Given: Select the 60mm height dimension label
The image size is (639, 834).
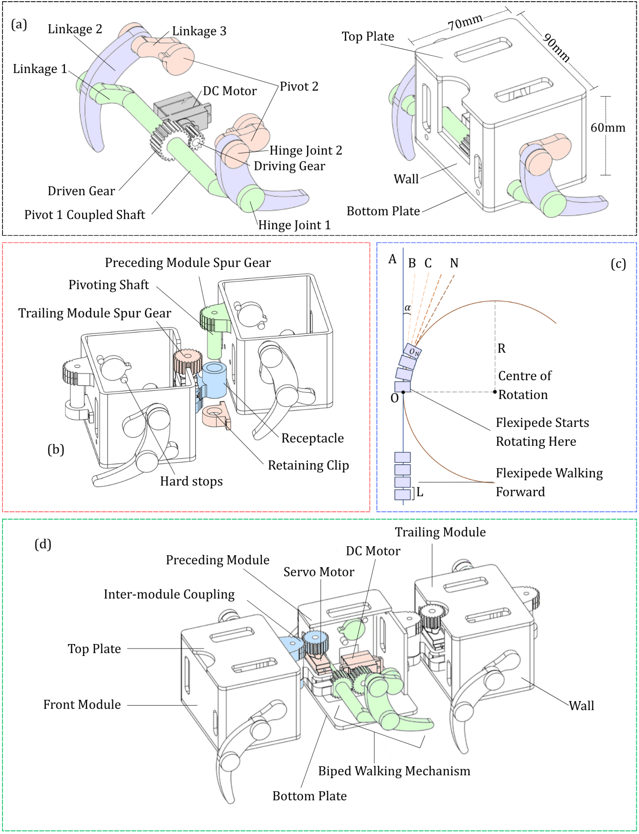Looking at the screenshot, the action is (608, 128).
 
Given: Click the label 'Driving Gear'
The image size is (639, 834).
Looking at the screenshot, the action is (289, 166).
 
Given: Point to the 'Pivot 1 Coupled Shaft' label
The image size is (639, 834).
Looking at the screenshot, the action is (85, 215).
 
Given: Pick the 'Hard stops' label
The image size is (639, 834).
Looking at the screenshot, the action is (191, 481).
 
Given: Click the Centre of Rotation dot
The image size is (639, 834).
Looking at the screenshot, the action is (495, 392).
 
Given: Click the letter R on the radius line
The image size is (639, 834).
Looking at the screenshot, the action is (502, 348).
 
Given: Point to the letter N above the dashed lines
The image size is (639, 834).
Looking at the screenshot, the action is (454, 263).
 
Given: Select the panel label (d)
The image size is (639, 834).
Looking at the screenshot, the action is (43, 545).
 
